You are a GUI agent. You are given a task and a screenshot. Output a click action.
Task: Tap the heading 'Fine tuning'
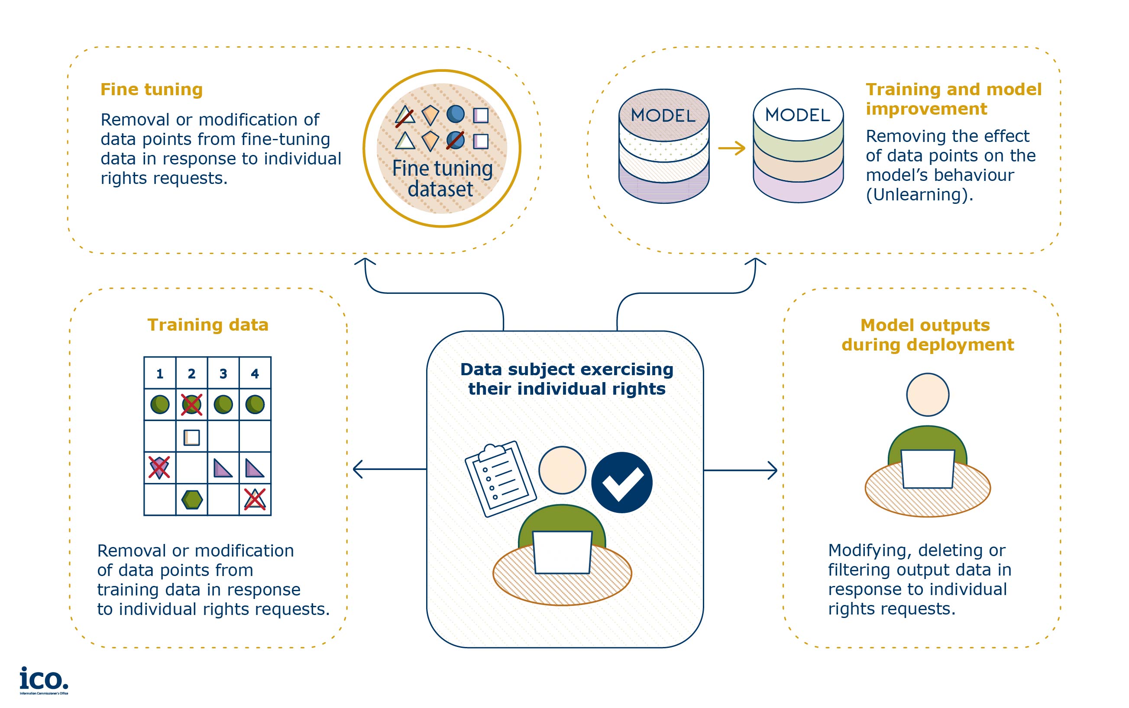click(151, 90)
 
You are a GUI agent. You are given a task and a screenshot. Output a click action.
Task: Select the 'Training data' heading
click(208, 325)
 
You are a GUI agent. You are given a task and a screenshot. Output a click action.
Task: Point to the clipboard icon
click(500, 479)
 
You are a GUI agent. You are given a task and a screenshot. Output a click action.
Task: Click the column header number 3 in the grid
click(223, 373)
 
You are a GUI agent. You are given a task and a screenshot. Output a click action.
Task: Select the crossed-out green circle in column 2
click(191, 404)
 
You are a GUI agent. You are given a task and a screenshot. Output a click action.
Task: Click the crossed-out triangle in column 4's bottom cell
click(255, 499)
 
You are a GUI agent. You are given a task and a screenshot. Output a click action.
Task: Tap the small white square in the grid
click(191, 438)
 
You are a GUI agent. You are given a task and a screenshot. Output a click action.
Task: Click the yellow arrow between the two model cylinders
click(731, 148)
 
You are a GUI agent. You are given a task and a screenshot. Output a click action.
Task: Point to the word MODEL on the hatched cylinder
click(663, 115)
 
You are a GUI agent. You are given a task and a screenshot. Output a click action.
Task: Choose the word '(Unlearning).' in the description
click(919, 194)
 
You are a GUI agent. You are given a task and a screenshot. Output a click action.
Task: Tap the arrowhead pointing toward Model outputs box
click(773, 470)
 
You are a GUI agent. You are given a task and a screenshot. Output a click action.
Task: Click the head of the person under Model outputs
click(928, 395)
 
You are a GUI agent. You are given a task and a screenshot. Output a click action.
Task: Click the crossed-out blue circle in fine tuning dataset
click(455, 140)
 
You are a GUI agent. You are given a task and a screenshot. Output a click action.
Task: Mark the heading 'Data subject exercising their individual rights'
click(567, 379)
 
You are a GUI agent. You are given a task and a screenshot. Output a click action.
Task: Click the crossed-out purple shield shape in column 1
click(159, 467)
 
